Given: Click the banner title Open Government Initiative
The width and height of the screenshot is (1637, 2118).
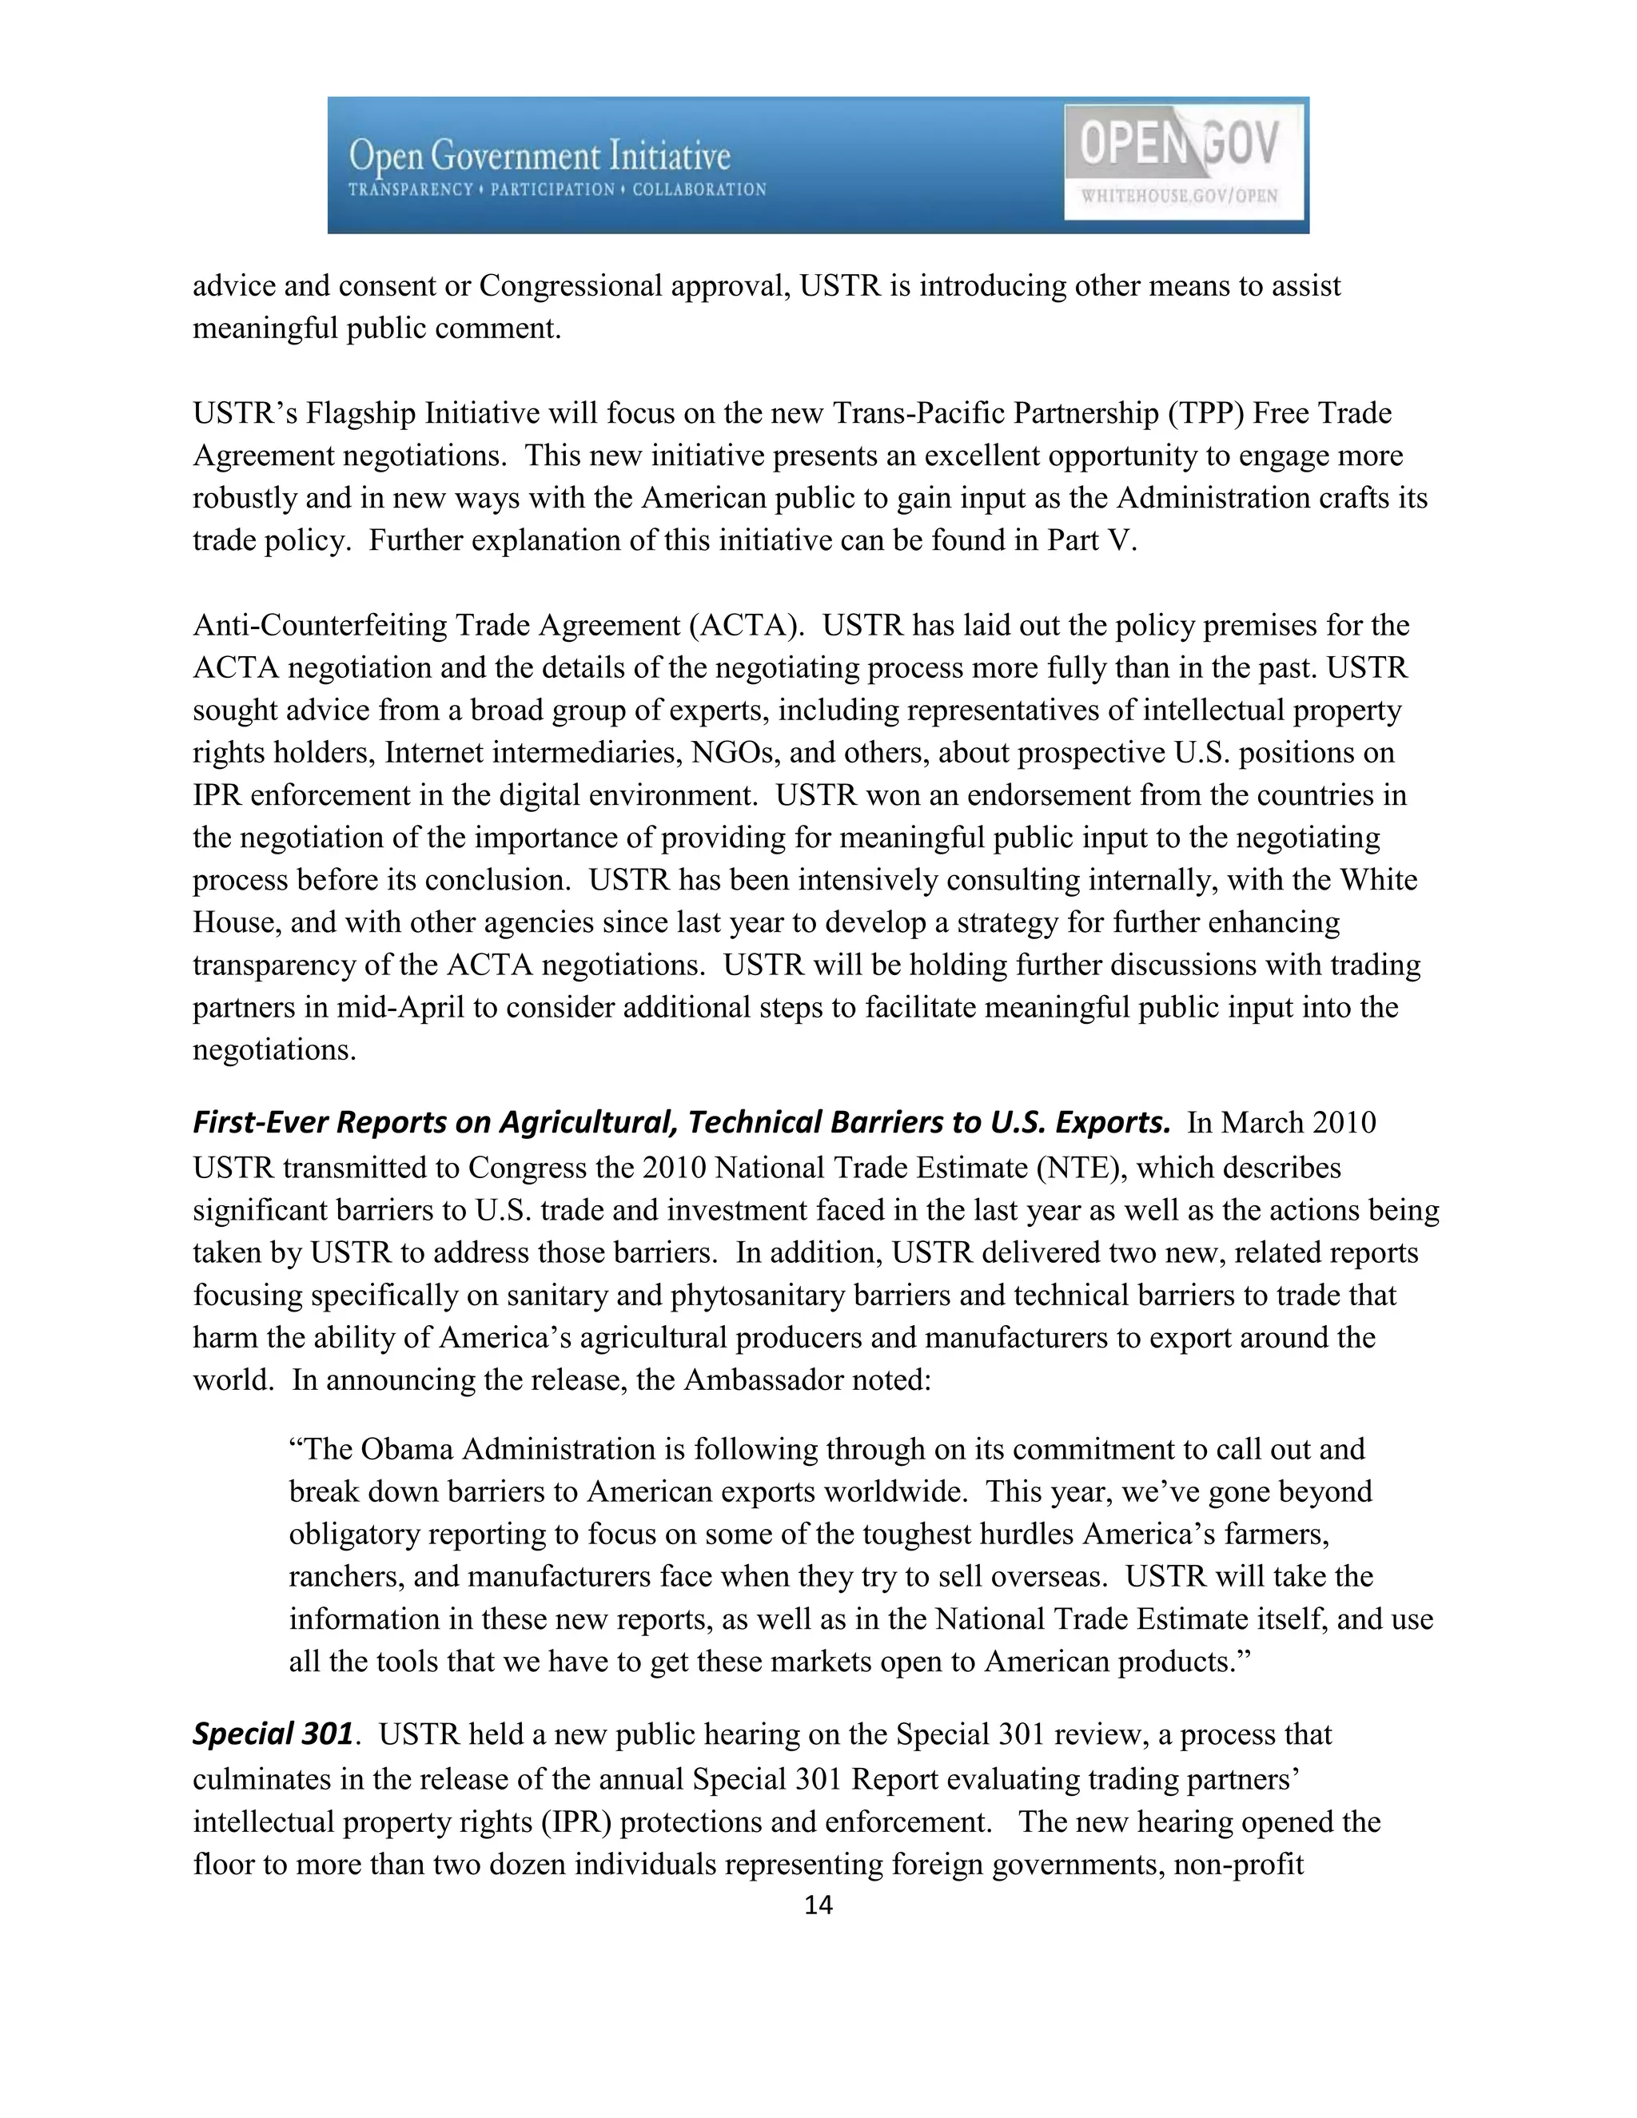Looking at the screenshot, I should (x=540, y=156).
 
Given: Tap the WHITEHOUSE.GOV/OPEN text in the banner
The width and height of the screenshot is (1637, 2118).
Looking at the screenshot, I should (x=1179, y=196).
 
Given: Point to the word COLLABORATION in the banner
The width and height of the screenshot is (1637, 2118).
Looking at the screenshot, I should (x=699, y=190).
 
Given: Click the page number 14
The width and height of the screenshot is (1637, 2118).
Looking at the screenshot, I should (x=818, y=1905).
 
